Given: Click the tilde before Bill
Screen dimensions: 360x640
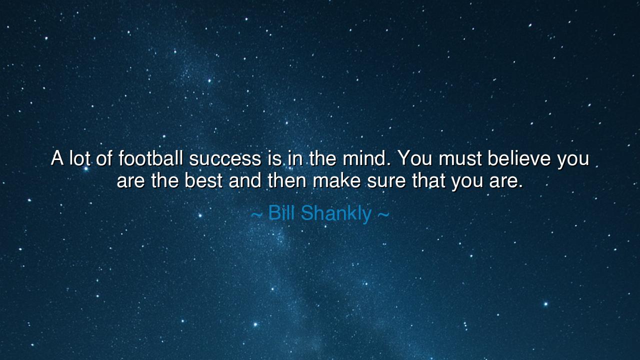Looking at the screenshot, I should tap(256, 215).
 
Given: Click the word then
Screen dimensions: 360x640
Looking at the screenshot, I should tap(286, 180).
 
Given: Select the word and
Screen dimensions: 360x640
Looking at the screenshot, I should tap(245, 180).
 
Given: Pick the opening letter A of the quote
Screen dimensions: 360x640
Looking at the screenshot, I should tap(57, 158).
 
